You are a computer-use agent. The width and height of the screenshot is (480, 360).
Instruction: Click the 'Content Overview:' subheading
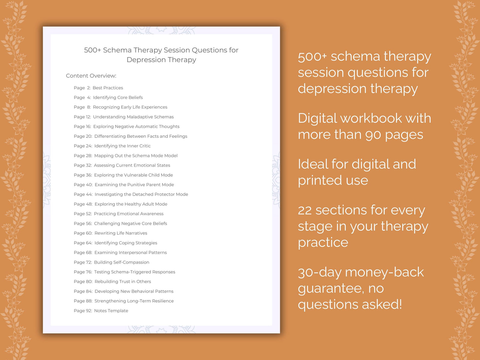point(91,76)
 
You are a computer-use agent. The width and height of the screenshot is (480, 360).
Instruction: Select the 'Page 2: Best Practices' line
point(98,88)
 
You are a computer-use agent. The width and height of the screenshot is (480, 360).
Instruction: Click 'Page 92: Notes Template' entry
point(101,311)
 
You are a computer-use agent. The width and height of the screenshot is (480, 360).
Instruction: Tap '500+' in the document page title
point(92,50)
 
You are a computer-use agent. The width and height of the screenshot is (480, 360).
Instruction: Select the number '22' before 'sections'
point(305,211)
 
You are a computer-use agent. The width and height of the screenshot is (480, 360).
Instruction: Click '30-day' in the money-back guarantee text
point(319,273)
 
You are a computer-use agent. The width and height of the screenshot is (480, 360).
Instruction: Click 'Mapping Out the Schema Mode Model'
point(136,156)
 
